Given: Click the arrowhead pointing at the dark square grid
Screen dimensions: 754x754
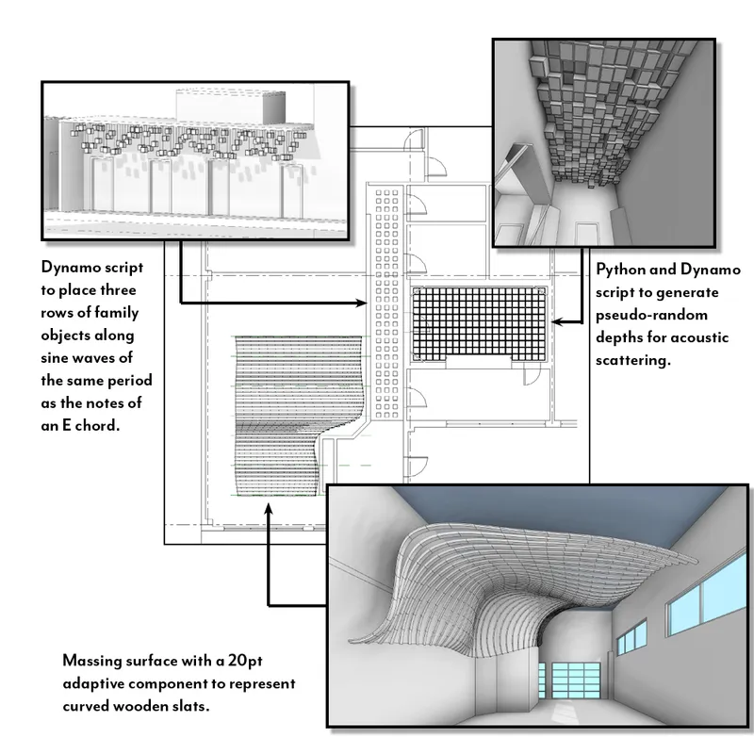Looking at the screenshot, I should point(555,322).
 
